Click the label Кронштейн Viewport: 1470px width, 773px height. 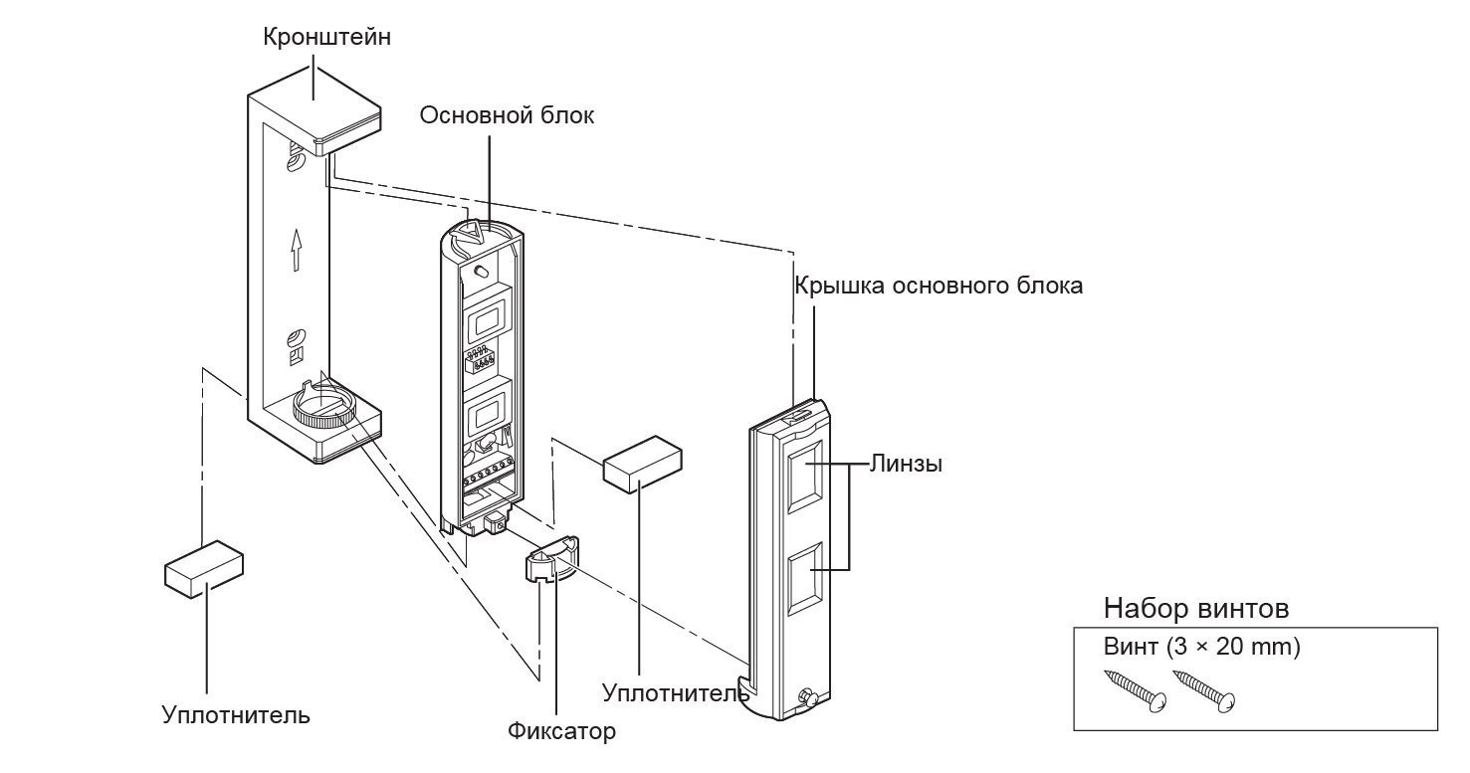pyautogui.click(x=314, y=38)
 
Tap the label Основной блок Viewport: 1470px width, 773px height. pyautogui.click(x=507, y=115)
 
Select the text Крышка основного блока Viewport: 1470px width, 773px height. pyautogui.click(x=938, y=286)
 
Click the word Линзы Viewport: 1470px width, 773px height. pyautogui.click(x=905, y=464)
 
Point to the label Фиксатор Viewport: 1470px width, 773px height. pyautogui.click(x=561, y=731)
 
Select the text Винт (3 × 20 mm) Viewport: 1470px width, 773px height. pyautogui.click(x=1201, y=647)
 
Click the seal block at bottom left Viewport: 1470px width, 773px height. pyautogui.click(x=203, y=568)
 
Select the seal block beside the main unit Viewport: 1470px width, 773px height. pyautogui.click(x=643, y=463)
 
